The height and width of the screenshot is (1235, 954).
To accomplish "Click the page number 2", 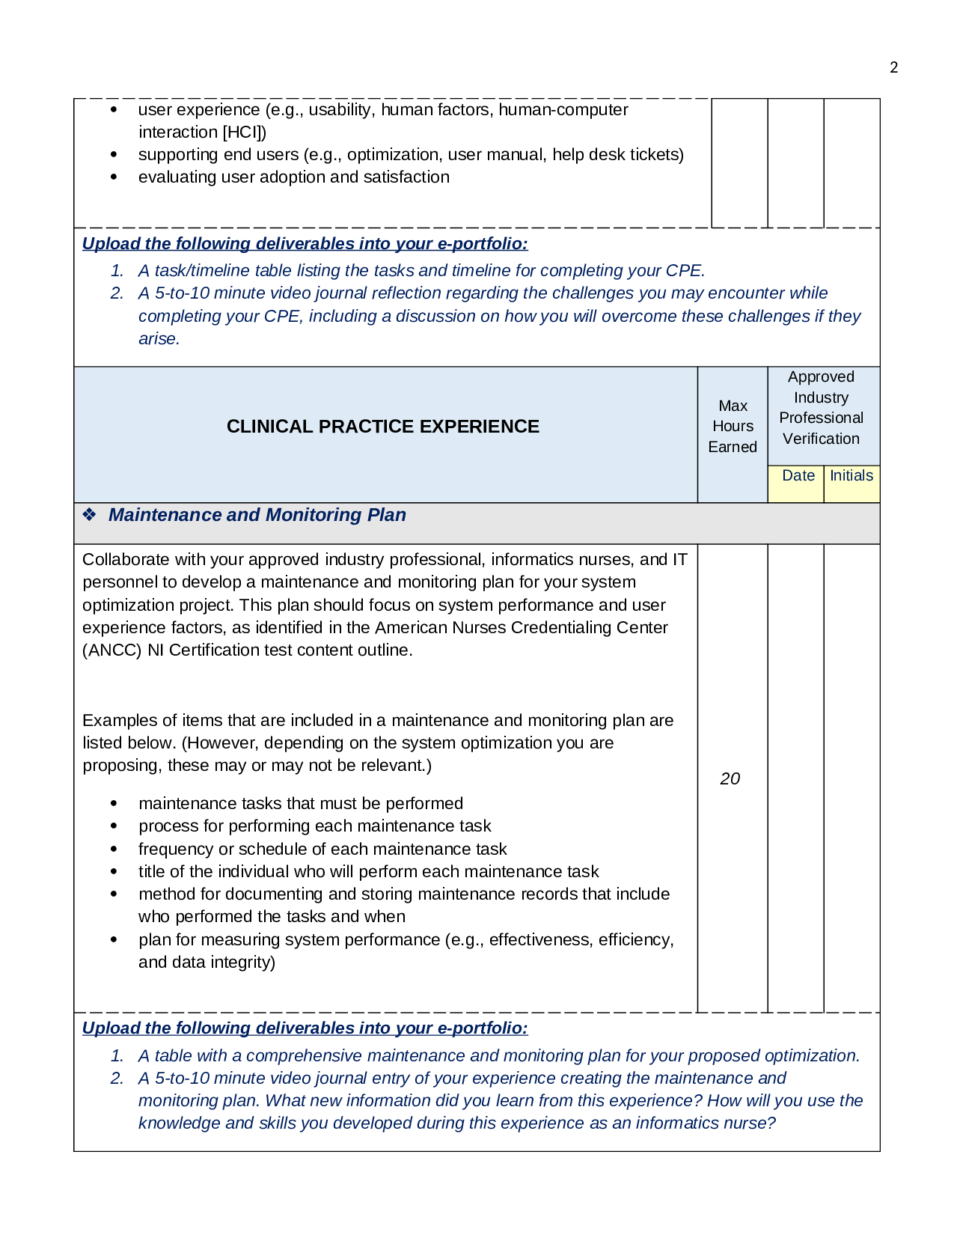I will click(893, 67).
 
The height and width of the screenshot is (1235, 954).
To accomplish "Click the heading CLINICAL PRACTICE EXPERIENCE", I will click(382, 427).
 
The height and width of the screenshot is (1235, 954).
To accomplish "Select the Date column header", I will click(798, 476).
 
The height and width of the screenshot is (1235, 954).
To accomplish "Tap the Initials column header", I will click(851, 476).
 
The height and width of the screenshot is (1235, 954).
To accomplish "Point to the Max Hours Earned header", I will click(733, 427).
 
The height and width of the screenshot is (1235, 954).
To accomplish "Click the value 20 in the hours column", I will click(730, 779).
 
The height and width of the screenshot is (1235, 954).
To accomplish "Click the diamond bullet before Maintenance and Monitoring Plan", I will click(90, 515).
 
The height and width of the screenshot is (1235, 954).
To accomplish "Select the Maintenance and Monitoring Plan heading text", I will click(257, 515).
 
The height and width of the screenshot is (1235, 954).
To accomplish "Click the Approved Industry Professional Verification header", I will click(821, 408).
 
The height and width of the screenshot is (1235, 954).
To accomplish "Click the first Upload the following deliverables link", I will click(305, 244).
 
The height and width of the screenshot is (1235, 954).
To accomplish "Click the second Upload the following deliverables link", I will click(305, 1028).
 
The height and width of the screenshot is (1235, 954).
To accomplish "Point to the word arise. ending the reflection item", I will click(159, 339).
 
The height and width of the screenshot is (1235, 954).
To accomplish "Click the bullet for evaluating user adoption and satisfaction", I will click(114, 178).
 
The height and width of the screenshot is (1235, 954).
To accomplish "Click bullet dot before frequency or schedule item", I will click(114, 850).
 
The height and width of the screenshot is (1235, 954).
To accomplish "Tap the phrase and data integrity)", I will click(207, 963).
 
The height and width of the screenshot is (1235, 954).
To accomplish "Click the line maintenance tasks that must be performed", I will click(300, 804).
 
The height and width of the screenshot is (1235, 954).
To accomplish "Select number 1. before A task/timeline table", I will click(117, 271).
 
